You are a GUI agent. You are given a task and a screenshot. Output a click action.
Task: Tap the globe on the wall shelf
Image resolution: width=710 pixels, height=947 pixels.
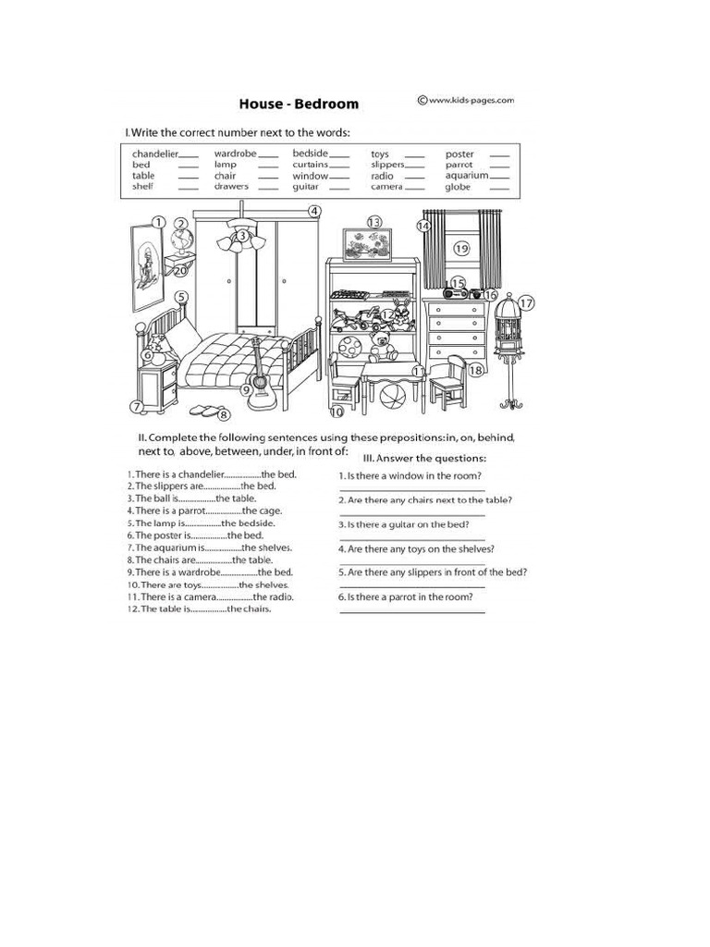pyautogui.click(x=181, y=243)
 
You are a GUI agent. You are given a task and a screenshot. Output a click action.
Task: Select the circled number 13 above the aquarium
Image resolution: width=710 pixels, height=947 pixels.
pyautogui.click(x=373, y=222)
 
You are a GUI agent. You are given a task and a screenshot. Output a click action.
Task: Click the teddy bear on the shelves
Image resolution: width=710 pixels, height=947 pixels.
pyautogui.click(x=381, y=348)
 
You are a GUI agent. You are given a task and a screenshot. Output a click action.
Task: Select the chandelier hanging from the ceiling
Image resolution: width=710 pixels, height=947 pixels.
pyautogui.click(x=242, y=240)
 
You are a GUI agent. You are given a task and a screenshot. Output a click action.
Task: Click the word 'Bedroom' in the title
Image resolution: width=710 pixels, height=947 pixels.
pyautogui.click(x=326, y=104)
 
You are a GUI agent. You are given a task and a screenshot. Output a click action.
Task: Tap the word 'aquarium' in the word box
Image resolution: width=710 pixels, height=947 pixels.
pyautogui.click(x=466, y=176)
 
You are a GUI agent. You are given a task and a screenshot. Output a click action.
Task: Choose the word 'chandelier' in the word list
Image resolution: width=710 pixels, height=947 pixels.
pyautogui.click(x=154, y=154)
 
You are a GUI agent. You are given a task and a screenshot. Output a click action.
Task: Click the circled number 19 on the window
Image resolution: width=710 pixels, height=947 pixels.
pyautogui.click(x=462, y=248)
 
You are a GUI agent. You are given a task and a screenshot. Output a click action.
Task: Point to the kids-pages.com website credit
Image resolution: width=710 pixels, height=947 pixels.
pyautogui.click(x=466, y=100)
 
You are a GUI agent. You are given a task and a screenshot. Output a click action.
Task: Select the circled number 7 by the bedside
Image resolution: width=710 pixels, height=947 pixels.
pyautogui.click(x=136, y=406)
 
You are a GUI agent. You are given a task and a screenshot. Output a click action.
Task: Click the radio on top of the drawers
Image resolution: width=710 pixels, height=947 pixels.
pyautogui.click(x=461, y=292)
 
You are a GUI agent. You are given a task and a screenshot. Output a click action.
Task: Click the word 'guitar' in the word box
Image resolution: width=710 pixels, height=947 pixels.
pyautogui.click(x=306, y=187)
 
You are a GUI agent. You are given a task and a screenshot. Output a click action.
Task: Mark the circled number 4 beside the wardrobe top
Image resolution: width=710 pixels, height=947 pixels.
pyautogui.click(x=314, y=211)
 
